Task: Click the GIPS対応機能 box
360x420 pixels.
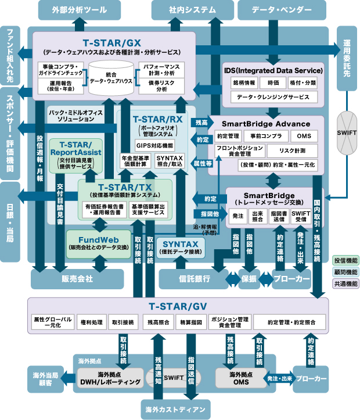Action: [154, 145]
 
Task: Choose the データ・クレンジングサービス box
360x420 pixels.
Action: [273, 97]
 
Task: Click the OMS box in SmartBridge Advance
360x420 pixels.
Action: [304, 136]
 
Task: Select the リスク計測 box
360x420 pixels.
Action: [292, 150]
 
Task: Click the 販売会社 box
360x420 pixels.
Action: [77, 279]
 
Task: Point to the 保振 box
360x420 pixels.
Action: [249, 279]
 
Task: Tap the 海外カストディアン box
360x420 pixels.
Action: [175, 410]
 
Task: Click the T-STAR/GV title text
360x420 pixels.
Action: [178, 306]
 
